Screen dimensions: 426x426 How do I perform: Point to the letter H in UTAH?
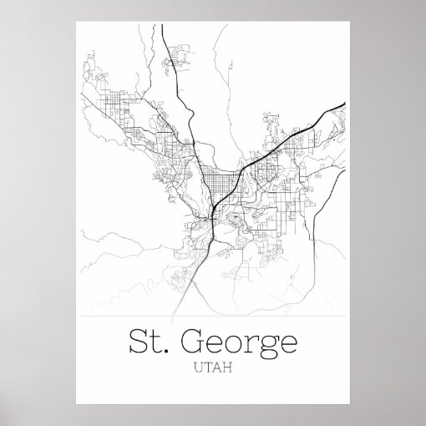227,366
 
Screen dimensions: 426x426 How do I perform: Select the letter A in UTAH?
218,366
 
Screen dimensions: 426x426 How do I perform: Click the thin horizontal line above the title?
214,318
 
